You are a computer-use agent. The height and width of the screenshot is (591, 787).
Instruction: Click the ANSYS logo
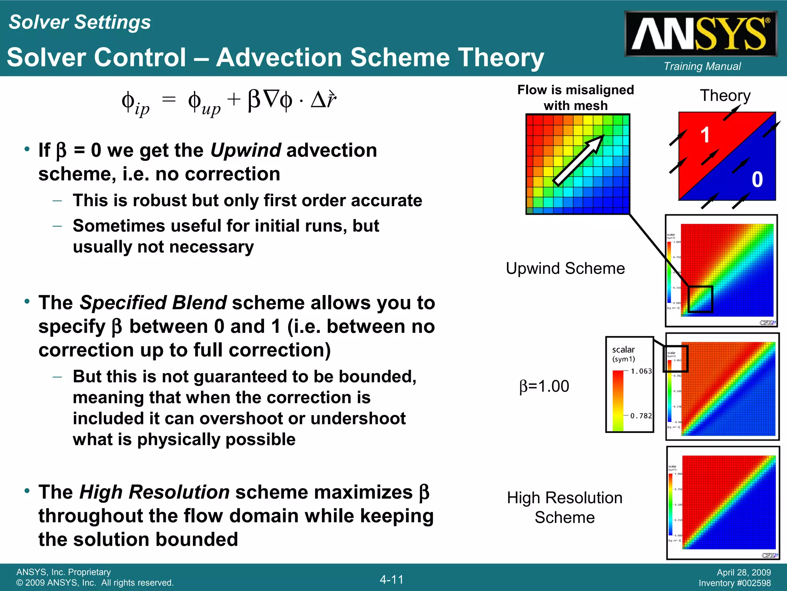tap(701, 34)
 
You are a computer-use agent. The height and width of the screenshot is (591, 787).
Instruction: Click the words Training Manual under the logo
tap(702, 67)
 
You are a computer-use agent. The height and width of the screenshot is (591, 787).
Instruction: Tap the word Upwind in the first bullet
tap(246, 150)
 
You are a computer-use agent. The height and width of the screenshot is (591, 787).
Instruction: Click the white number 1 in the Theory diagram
tap(705, 135)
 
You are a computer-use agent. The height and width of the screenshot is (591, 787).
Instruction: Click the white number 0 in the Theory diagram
tap(757, 180)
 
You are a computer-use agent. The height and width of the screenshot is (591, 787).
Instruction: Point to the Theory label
tap(725, 95)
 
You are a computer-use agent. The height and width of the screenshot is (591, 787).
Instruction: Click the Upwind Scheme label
tap(565, 268)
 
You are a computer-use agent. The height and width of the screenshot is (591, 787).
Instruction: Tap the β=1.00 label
tap(544, 386)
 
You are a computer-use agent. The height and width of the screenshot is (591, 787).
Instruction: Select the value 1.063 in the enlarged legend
tap(641, 371)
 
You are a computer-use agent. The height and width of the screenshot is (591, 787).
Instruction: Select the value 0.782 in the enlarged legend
tap(641, 416)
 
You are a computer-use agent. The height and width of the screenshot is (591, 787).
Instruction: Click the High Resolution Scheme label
tap(565, 507)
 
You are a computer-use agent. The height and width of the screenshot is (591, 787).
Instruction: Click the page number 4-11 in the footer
tap(392, 579)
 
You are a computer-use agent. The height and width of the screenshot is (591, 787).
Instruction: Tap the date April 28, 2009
tap(744, 573)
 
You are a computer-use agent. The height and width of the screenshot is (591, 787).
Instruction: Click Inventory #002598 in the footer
tap(734, 583)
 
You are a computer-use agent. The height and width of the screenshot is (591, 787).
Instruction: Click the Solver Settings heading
tap(80, 22)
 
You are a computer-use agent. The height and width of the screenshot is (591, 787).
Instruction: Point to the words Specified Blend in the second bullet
tap(153, 302)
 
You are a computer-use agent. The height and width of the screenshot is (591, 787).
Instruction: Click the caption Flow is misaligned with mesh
tap(575, 97)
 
